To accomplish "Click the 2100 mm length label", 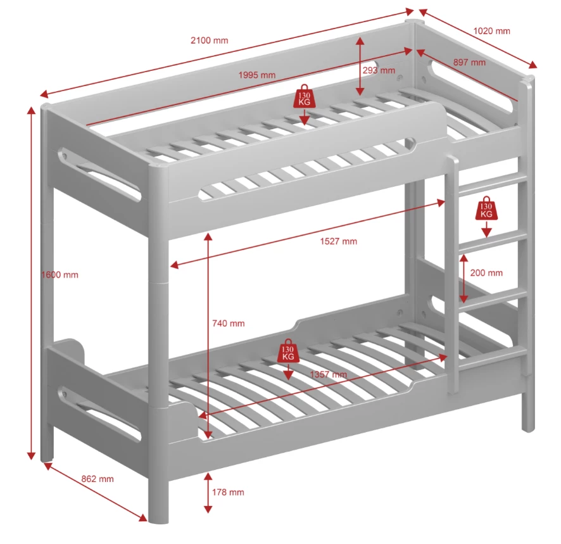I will tap(209, 41).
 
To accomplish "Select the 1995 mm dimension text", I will tap(257, 75).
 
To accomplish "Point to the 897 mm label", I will tap(469, 62).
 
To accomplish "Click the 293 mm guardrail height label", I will tap(379, 70).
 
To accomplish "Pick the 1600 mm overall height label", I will tap(60, 274).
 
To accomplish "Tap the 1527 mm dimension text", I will tap(337, 241).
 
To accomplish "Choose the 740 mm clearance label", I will tap(228, 323).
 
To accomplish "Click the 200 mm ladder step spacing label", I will tap(486, 273).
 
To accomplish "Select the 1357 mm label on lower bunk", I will tap(328, 374).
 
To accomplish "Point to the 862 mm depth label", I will tap(98, 479).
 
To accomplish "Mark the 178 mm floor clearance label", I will tap(228, 492).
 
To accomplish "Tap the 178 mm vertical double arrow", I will tap(208, 492).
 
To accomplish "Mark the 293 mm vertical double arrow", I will tap(360, 66).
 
